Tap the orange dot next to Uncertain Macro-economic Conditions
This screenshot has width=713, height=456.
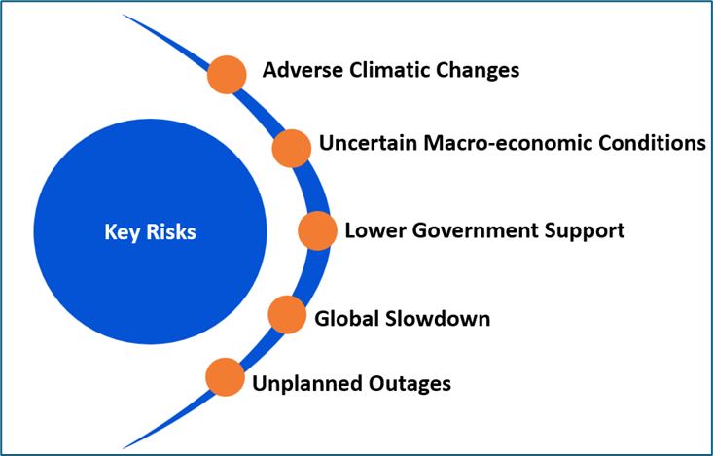pyautogui.click(x=291, y=148)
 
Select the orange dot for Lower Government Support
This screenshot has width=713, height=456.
pyautogui.click(x=316, y=231)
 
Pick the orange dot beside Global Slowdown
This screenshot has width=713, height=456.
pyautogui.click(x=286, y=314)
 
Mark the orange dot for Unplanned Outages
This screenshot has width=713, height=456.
pyautogui.click(x=225, y=377)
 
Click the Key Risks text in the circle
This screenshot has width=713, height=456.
pyautogui.click(x=150, y=232)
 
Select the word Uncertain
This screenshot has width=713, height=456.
pyautogui.click(x=368, y=144)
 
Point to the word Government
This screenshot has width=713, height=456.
pyautogui.click(x=471, y=231)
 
